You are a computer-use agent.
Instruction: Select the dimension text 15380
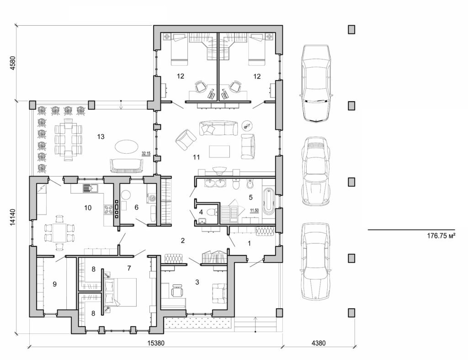point(155,343)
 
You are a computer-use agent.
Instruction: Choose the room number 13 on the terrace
point(101,136)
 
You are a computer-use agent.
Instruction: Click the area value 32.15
point(146,154)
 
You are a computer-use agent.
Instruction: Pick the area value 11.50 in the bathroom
point(255,210)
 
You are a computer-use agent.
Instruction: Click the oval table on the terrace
point(124,147)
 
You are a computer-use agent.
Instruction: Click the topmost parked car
point(315,83)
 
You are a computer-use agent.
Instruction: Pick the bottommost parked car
point(315,261)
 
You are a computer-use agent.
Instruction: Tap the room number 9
point(54,285)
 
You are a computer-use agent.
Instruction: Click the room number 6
point(136,207)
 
